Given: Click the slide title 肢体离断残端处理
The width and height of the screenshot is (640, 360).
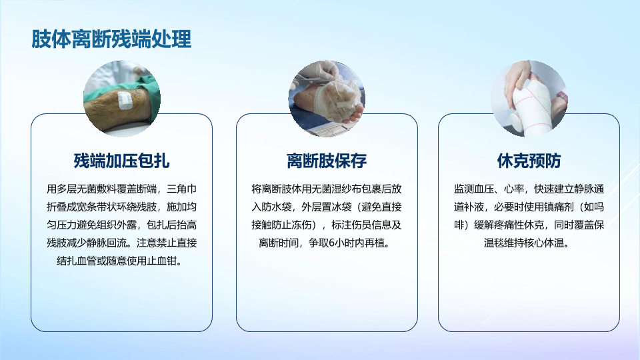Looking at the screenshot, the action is (111, 39).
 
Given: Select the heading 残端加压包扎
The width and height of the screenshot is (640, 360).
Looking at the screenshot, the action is (121, 161).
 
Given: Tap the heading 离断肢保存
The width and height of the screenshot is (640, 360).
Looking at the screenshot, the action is (327, 161).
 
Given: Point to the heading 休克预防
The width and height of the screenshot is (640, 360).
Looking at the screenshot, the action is (529, 161).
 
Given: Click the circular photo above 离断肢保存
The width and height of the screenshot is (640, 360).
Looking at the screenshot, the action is (327, 99).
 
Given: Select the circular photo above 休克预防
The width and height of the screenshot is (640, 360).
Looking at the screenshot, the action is (529, 99).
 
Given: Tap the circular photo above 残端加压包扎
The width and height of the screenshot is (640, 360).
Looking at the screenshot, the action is (121, 99).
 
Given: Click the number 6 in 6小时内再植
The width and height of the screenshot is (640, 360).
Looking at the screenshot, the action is (331, 243).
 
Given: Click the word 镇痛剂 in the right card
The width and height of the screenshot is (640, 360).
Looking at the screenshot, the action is (559, 207).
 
